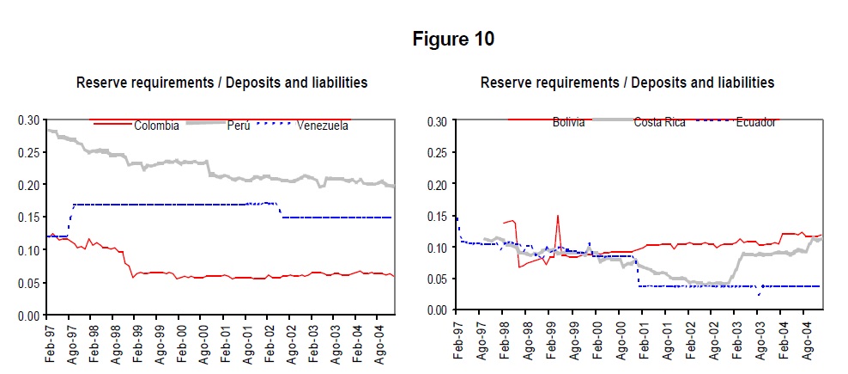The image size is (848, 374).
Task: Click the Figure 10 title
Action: (453, 40)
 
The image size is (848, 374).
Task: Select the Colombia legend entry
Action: (156, 126)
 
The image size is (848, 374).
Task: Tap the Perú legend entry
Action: (239, 126)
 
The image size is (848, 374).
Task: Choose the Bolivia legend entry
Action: (568, 122)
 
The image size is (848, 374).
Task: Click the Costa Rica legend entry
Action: (659, 122)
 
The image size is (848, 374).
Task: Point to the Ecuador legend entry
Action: (755, 122)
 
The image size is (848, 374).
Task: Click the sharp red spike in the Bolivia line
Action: (557, 217)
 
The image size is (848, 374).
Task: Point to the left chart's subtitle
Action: (221, 83)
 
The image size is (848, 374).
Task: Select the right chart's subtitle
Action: (627, 83)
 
